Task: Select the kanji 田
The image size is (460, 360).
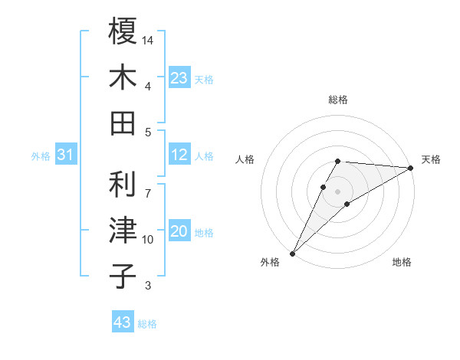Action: click(x=123, y=123)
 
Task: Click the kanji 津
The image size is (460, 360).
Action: click(x=123, y=231)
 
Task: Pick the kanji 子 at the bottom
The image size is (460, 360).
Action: click(x=123, y=277)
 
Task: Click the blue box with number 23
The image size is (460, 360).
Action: click(x=179, y=77)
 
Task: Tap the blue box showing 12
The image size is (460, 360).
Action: click(x=179, y=155)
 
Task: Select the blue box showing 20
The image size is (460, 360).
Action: click(x=179, y=232)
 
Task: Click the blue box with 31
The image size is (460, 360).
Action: click(x=65, y=155)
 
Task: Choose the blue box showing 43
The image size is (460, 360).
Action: click(x=123, y=322)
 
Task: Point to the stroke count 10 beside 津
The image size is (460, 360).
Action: click(x=148, y=240)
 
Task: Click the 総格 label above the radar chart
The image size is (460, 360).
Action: click(x=338, y=100)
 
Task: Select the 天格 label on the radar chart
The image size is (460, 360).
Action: click(x=432, y=159)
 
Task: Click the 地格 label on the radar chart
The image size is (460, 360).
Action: click(x=402, y=263)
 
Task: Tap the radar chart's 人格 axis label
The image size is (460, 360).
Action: click(x=245, y=159)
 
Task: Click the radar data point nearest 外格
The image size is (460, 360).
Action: click(x=292, y=253)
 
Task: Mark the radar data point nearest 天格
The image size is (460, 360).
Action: click(x=411, y=169)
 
